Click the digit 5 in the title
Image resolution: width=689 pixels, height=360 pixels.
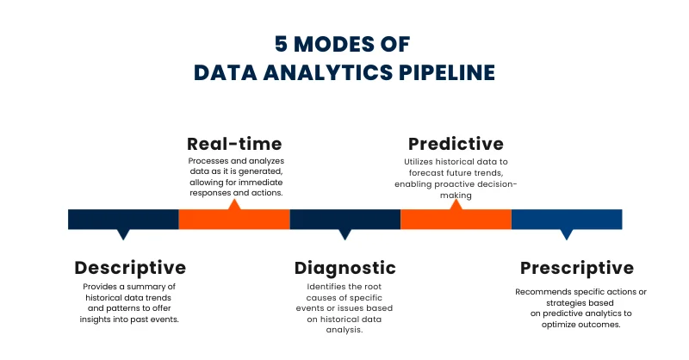click(282, 44)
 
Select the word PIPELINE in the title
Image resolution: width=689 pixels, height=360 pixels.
click(447, 72)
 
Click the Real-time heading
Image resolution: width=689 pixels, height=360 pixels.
click(234, 144)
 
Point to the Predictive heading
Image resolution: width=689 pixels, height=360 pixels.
click(456, 144)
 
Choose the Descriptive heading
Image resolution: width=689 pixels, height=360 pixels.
click(130, 268)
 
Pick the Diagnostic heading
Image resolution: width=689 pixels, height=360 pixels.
click(345, 268)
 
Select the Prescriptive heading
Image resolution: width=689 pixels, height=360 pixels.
click(577, 268)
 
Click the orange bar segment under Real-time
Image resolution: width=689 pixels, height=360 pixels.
click(234, 220)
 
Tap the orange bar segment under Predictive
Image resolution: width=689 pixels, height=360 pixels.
click(456, 220)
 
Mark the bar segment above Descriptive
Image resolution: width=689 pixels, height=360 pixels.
click(123, 220)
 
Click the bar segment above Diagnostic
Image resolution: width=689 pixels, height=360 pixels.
click(345, 220)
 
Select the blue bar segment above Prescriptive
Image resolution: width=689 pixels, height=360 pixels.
click(567, 220)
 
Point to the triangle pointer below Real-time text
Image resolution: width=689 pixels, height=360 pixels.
click(234, 205)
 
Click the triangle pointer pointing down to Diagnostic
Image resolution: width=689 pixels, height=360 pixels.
click(345, 234)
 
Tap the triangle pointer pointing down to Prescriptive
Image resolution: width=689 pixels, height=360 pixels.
click(567, 234)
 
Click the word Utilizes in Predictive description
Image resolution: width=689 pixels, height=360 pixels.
click(419, 162)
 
